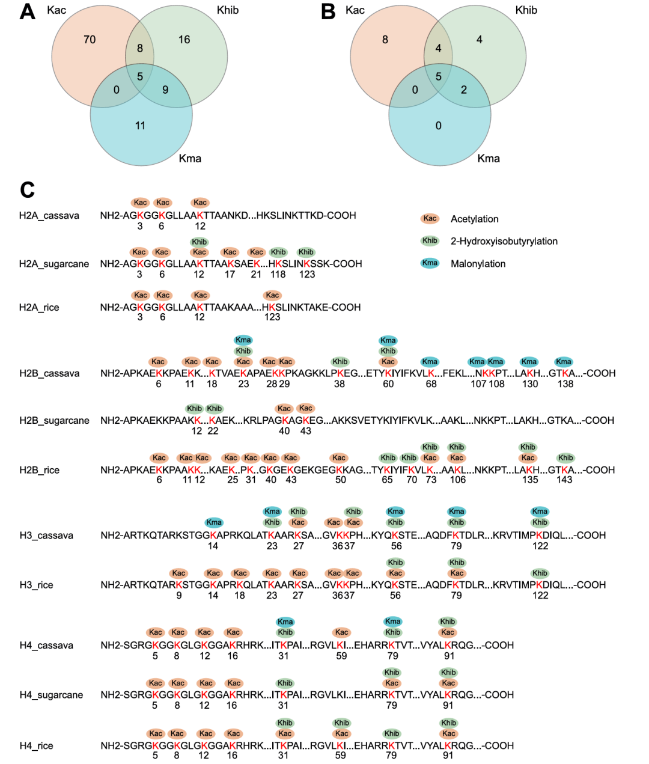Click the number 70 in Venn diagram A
(90, 40)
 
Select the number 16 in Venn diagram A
(184, 40)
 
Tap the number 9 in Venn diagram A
(165, 90)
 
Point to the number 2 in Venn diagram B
(464, 90)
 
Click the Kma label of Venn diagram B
(489, 159)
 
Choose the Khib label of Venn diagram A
(227, 10)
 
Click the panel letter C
(27, 190)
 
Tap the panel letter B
(328, 11)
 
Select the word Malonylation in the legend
(478, 264)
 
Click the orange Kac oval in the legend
(430, 219)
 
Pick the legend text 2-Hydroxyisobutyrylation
(504, 242)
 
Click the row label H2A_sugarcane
(54, 264)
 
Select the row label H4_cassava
(46, 646)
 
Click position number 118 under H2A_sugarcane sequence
(278, 275)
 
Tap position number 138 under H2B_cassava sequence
(565, 384)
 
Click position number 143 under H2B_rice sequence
(564, 480)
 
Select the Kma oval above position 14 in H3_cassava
(214, 522)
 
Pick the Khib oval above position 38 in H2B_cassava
(340, 362)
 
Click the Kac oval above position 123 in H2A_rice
(272, 295)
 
